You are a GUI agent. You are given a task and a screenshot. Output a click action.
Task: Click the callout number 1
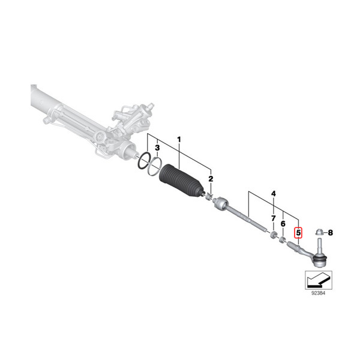(x=179, y=139)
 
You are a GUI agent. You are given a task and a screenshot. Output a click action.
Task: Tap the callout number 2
(x=211, y=179)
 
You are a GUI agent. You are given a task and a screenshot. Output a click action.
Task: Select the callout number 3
(x=157, y=148)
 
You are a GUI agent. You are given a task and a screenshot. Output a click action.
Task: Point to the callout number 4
(x=274, y=194)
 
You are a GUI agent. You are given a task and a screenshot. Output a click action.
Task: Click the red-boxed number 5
(x=298, y=233)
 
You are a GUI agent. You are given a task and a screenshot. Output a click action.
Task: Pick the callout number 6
(x=283, y=224)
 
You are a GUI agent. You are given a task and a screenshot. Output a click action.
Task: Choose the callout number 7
(x=273, y=218)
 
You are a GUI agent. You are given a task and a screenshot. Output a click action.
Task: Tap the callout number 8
(x=331, y=233)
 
